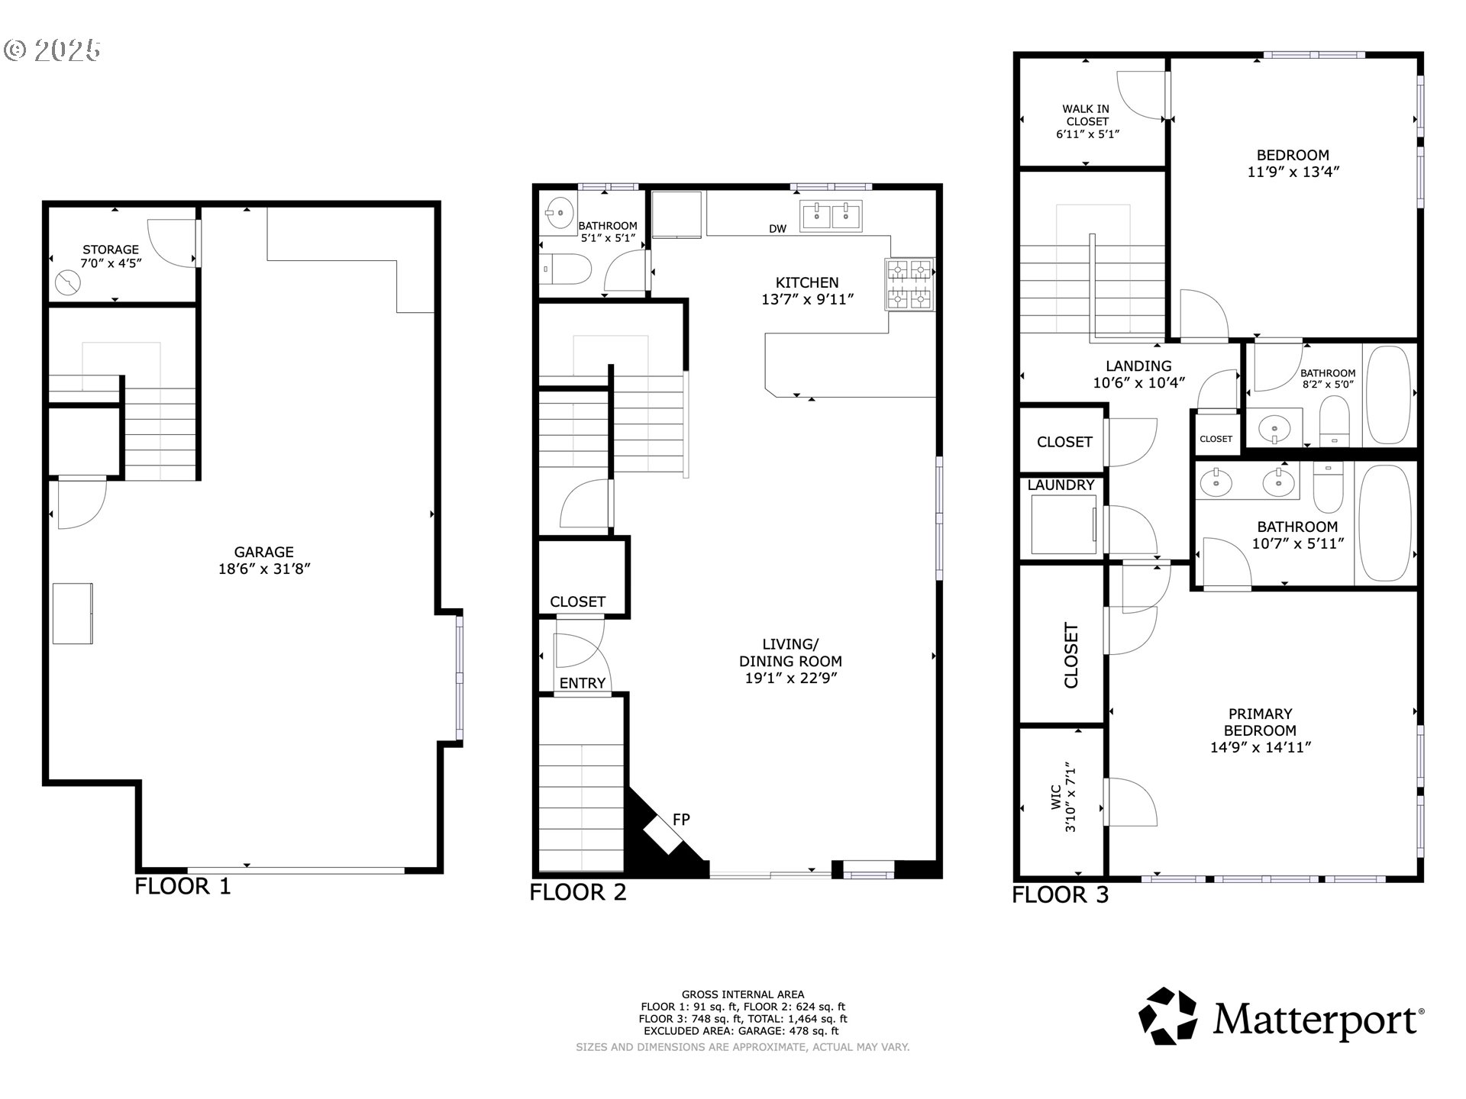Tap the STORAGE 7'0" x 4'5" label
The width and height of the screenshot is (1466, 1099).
coord(111,256)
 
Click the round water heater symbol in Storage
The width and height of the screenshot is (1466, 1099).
coord(67,284)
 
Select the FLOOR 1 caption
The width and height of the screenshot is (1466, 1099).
coord(182,886)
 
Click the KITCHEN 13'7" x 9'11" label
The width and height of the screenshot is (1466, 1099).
coord(807,291)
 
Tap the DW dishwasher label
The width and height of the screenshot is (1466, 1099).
coord(777,229)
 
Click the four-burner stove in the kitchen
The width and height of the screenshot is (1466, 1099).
coord(909,284)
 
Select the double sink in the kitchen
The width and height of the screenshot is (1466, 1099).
coord(830,215)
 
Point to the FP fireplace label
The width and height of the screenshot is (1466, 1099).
coord(681,820)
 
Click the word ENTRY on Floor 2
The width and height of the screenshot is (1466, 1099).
coord(582,683)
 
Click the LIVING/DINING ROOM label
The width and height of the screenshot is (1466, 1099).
coord(790,661)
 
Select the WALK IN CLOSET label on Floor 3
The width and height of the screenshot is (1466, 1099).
coord(1087,121)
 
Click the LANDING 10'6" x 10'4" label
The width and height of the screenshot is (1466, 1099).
coord(1138,374)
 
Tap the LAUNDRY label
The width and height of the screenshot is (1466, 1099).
coord(1061,485)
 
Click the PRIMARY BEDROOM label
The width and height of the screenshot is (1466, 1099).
coord(1260,730)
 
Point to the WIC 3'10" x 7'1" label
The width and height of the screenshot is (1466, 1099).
coord(1063,797)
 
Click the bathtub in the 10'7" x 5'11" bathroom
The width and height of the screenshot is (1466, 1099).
coord(1385,524)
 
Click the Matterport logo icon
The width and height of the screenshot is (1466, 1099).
coord(1167,1016)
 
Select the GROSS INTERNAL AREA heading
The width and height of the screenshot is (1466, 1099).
coord(742,994)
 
